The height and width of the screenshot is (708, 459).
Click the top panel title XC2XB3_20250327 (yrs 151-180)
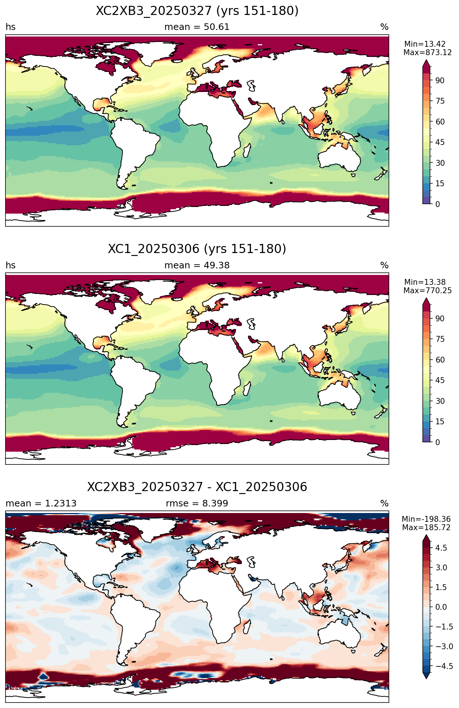click(x=197, y=11)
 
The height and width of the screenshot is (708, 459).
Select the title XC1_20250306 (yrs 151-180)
click(x=197, y=249)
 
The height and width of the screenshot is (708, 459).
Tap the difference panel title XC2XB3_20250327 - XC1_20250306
click(x=197, y=487)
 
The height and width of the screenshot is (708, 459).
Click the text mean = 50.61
click(x=197, y=27)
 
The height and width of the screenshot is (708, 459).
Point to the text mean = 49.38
click(x=197, y=265)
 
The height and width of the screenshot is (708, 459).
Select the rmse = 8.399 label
click(x=197, y=504)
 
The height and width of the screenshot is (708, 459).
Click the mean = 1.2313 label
click(x=41, y=504)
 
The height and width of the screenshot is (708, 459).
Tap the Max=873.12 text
click(x=428, y=53)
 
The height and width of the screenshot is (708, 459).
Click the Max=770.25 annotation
click(x=428, y=291)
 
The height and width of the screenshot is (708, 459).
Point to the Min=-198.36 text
click(x=427, y=519)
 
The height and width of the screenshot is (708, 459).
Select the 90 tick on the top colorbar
click(x=440, y=81)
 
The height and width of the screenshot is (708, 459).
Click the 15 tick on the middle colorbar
click(x=440, y=422)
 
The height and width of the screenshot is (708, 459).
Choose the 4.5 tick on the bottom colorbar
click(x=441, y=548)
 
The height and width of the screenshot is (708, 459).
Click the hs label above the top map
click(x=11, y=27)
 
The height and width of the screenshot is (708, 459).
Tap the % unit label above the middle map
click(x=385, y=265)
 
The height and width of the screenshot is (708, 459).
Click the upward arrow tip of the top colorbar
click(x=426, y=61)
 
